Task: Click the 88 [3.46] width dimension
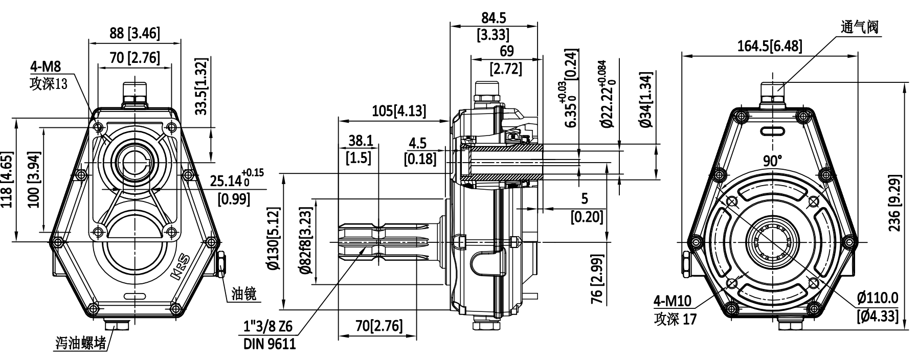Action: click(x=135, y=34)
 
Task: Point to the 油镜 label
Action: click(x=243, y=293)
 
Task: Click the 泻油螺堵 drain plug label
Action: click(x=81, y=343)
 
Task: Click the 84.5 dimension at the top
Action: click(x=494, y=18)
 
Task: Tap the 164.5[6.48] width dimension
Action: click(x=770, y=47)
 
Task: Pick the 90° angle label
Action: click(x=772, y=161)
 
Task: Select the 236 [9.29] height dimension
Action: click(x=894, y=202)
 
